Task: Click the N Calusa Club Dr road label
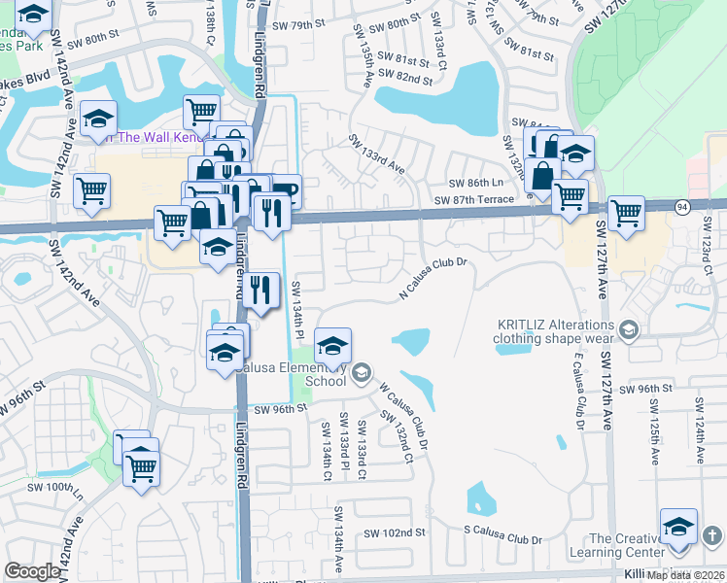(x=434, y=279)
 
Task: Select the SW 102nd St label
(x=395, y=532)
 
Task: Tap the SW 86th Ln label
(x=475, y=184)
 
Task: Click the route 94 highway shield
(x=682, y=206)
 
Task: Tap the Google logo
(x=32, y=571)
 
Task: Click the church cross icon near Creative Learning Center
(x=711, y=535)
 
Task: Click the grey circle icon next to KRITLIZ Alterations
(x=629, y=331)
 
